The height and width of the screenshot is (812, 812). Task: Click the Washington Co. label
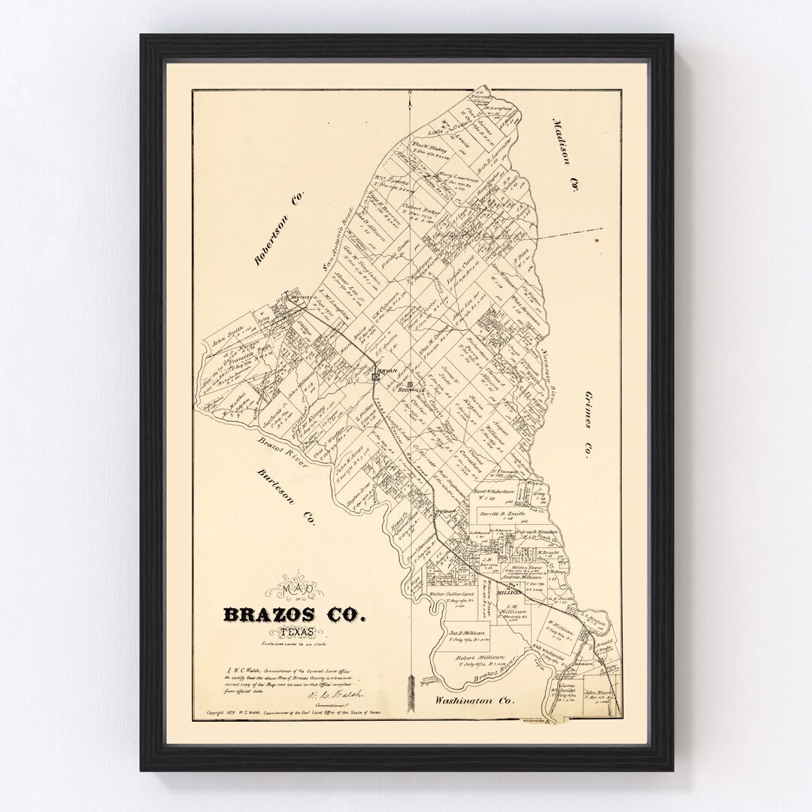(474, 700)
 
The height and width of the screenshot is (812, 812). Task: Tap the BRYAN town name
(387, 371)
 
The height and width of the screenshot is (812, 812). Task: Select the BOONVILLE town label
(412, 391)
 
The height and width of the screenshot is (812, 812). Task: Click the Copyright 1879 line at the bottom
(293, 711)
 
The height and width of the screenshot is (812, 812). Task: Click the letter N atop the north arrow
(411, 94)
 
